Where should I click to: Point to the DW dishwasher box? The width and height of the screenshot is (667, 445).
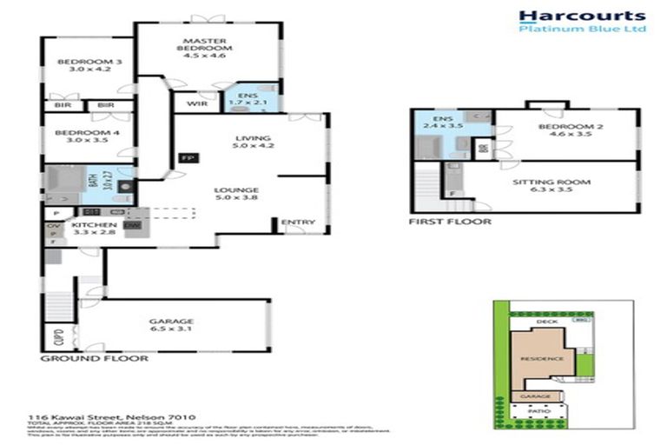click(132, 226)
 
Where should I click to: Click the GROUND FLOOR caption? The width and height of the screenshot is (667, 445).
click(94, 358)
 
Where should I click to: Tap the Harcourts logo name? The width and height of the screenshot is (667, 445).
click(582, 15)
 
